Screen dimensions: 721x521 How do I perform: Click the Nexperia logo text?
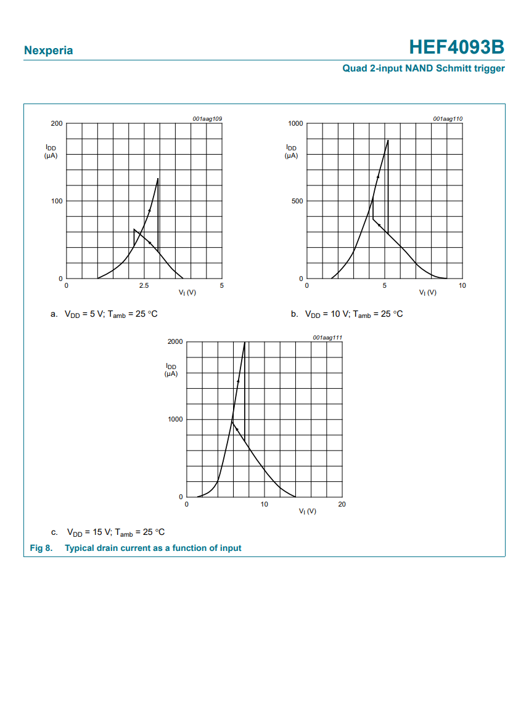(x=48, y=51)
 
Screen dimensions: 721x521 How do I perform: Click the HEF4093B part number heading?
(x=456, y=47)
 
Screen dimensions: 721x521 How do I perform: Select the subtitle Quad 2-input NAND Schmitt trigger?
(x=424, y=68)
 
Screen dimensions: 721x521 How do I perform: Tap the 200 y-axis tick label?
(x=57, y=124)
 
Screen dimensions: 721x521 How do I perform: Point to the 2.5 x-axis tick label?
(x=144, y=286)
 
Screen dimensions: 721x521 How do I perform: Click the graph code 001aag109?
(x=207, y=118)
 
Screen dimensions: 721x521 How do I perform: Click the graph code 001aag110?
(x=448, y=118)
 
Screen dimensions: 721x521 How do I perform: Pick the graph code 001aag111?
(x=327, y=337)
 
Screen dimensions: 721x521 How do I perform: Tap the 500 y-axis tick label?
(x=297, y=201)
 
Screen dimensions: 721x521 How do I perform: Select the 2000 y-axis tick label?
(x=175, y=342)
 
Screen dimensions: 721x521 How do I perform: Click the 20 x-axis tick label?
(x=342, y=504)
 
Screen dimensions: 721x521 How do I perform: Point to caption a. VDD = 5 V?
(x=104, y=314)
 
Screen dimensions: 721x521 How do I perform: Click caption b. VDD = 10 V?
(x=347, y=314)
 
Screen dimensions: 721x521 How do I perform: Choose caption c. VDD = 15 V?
(x=109, y=532)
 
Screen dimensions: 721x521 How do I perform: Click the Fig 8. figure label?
(x=41, y=548)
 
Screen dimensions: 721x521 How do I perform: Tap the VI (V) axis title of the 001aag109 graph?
(x=187, y=293)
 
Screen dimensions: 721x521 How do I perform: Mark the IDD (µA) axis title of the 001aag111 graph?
(x=171, y=370)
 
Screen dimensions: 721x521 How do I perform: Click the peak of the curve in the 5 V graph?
(x=158, y=179)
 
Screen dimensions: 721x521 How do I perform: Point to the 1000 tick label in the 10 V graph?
(x=295, y=124)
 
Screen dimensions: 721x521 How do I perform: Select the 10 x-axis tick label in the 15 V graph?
(x=264, y=504)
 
